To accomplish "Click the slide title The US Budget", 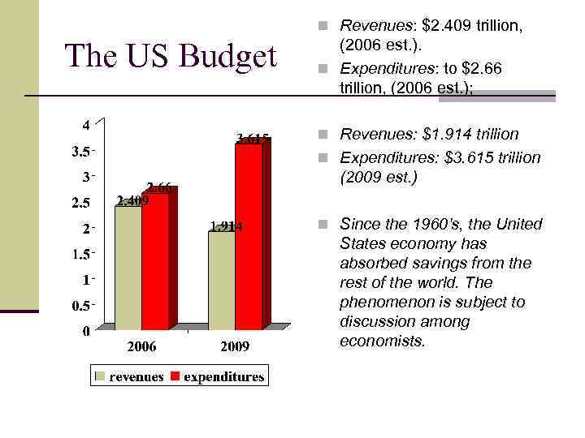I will (x=171, y=55).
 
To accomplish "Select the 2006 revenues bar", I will (x=128, y=268).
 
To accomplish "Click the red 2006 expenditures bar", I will (x=154, y=261).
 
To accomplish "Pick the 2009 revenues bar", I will (x=221, y=280).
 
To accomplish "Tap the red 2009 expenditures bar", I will (x=248, y=235).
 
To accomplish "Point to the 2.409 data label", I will (x=132, y=200).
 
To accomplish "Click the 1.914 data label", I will (x=226, y=226).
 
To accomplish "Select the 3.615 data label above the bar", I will (x=253, y=139).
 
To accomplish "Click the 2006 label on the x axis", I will (x=141, y=347).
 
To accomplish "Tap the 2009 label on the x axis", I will (x=234, y=347).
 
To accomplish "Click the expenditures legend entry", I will (x=223, y=376).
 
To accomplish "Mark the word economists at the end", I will (x=382, y=341).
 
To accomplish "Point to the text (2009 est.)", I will (x=378, y=177).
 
